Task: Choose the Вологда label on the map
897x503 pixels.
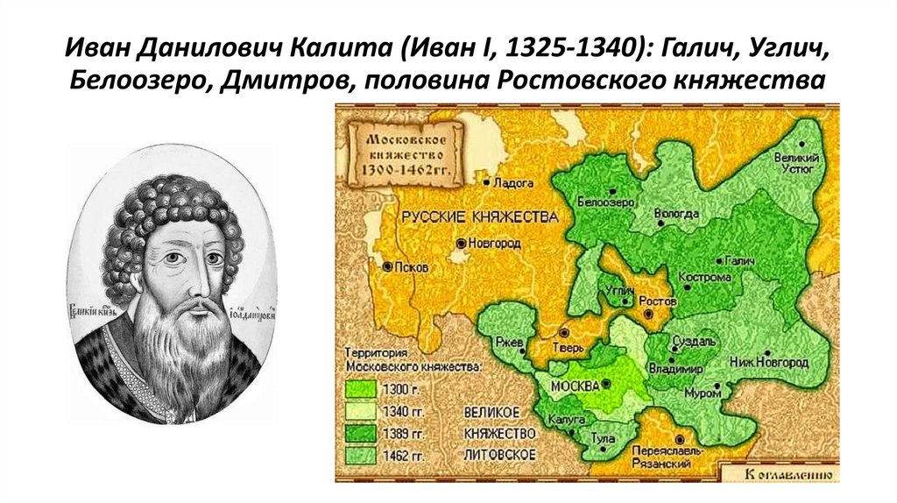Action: click(x=676, y=213)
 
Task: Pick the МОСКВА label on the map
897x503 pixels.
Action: click(x=575, y=386)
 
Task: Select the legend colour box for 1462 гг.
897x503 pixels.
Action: click(x=359, y=455)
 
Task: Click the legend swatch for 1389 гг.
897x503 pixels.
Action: click(x=359, y=433)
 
